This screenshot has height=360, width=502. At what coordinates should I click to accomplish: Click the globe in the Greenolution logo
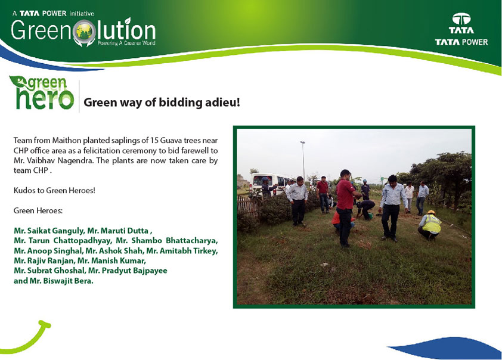(84, 32)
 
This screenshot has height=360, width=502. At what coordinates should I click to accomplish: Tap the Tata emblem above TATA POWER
(461, 19)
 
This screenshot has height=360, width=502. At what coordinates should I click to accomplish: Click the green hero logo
(42, 93)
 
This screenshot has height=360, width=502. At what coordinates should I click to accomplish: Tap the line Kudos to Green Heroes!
(54, 190)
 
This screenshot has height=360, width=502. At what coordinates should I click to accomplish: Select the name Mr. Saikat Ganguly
(49, 231)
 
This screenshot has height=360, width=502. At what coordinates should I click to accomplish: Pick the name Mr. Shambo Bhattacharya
(167, 241)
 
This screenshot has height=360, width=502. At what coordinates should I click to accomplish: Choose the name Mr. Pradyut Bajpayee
(128, 271)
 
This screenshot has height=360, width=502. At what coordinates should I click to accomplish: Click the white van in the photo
(269, 184)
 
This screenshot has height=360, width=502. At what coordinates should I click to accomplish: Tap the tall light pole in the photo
(303, 159)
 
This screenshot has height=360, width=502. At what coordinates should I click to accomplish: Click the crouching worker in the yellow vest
(430, 225)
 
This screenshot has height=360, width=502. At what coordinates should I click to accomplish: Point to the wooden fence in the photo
(247, 206)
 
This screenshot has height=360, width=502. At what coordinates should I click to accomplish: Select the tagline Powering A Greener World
(126, 43)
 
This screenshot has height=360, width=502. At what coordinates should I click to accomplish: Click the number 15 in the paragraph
(154, 141)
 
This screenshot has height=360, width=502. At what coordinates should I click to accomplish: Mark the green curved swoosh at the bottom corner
(26, 337)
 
